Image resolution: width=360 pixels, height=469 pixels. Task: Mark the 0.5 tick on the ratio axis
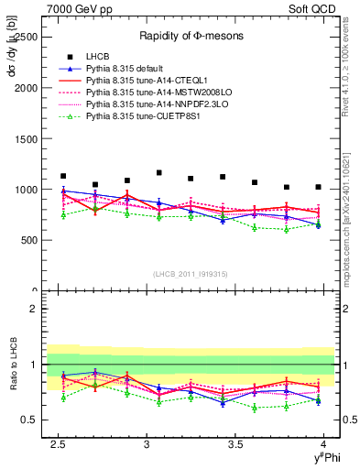29,420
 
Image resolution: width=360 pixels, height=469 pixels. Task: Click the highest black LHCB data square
159,172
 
